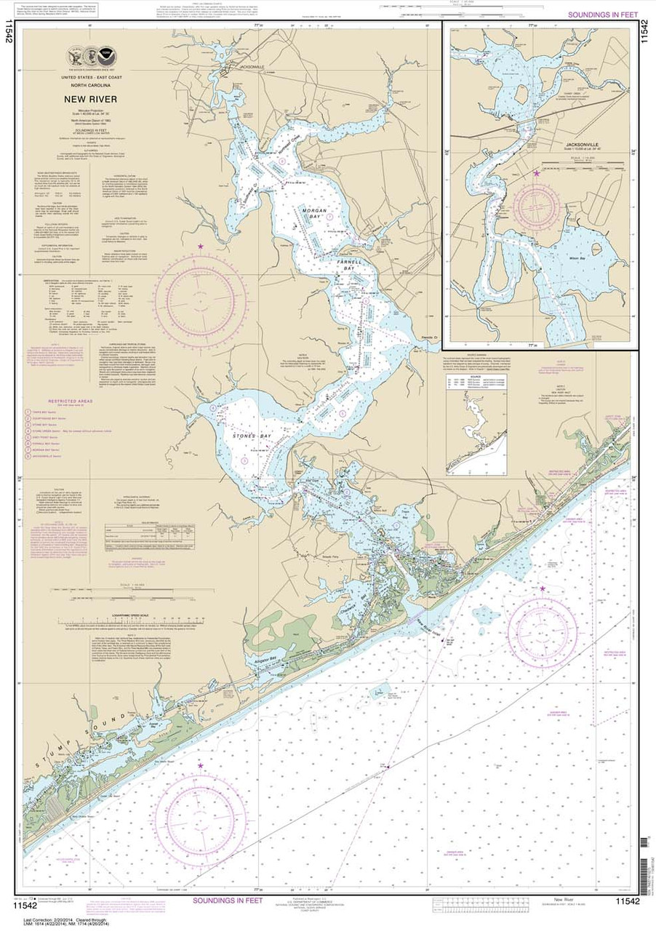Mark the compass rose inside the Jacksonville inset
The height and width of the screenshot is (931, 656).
[x=537, y=203]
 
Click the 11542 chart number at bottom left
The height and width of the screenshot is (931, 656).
[x=24, y=904]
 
